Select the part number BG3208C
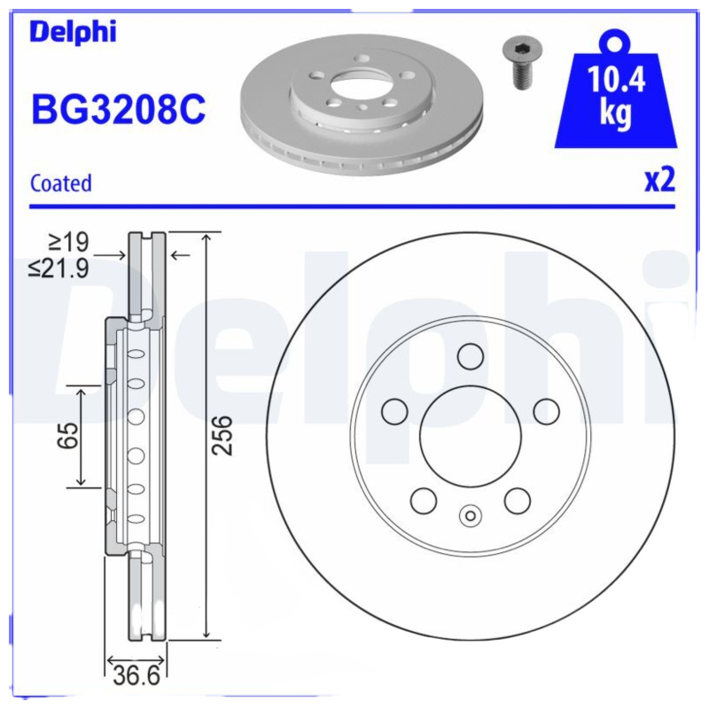(118, 111)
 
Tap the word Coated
(60, 183)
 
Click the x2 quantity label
(659, 180)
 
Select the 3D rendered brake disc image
(363, 106)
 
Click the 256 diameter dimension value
(225, 434)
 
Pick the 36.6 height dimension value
(136, 678)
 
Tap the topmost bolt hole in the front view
(470, 356)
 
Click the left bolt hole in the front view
(393, 411)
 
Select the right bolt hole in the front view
(546, 411)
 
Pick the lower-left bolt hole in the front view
(423, 501)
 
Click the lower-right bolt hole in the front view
(517, 501)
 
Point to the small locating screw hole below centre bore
(470, 515)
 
